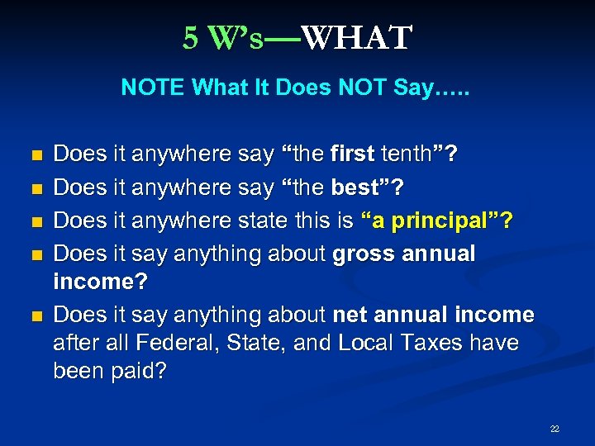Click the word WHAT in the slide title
[356, 38]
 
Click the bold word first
[352, 154]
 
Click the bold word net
[347, 315]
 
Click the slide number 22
[555, 429]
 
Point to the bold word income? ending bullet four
[100, 282]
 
